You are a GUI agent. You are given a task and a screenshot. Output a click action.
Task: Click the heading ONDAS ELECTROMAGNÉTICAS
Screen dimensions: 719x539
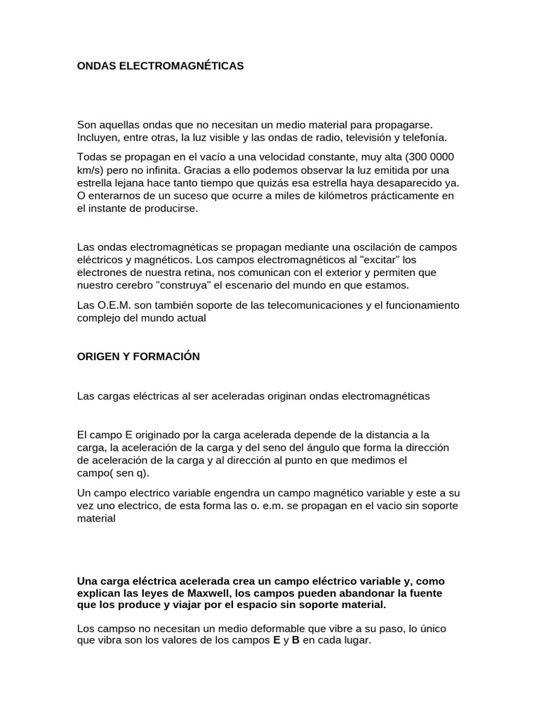pyautogui.click(x=160, y=65)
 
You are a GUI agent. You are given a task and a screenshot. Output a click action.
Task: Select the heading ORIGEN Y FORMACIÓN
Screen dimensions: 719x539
pyautogui.click(x=138, y=357)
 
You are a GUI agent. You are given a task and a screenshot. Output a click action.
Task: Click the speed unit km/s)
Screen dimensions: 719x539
pyautogui.click(x=91, y=171)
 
